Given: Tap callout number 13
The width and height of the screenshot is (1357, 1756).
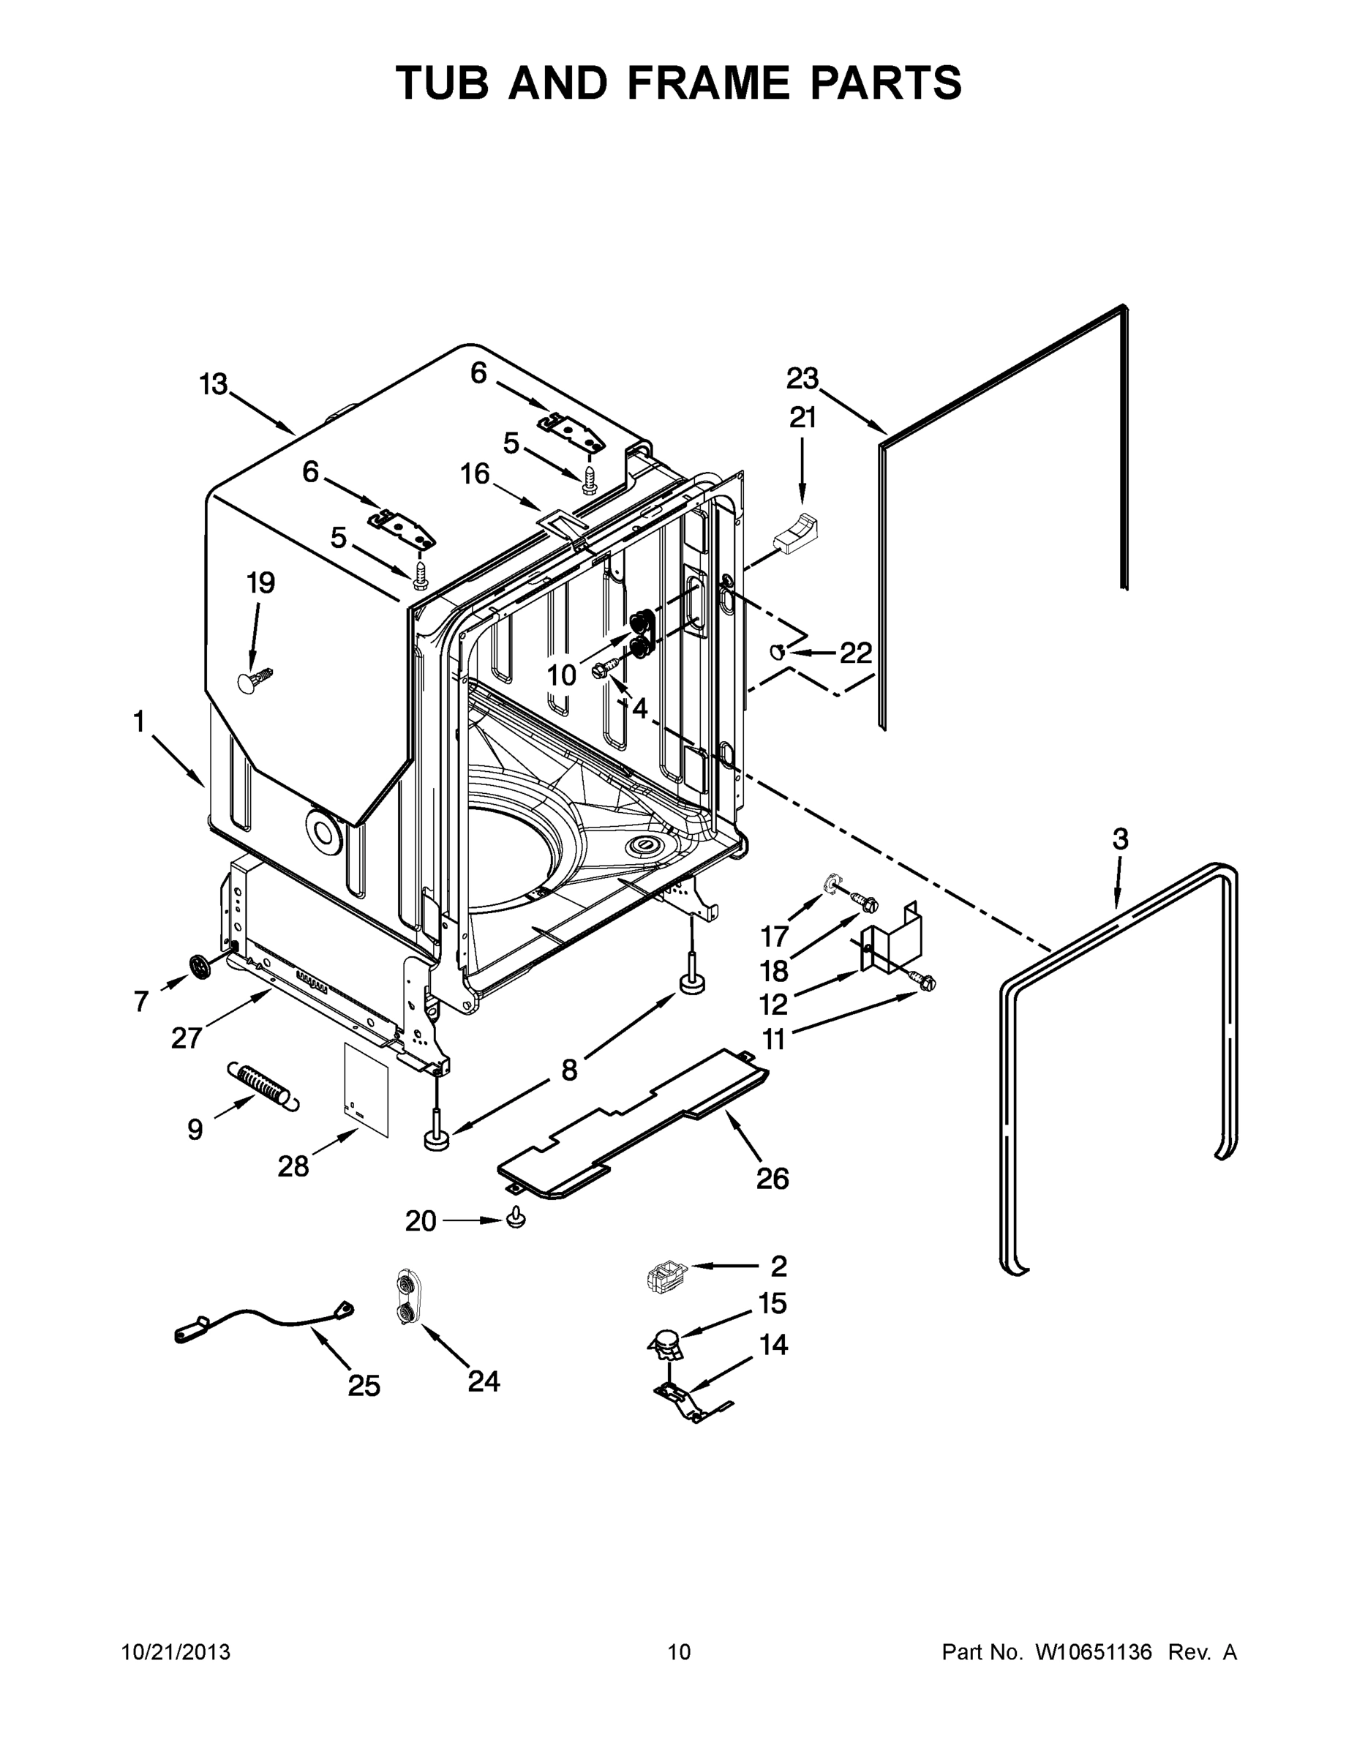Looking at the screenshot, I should point(214,385).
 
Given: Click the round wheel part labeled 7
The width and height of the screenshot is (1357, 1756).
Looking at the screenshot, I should point(200,966).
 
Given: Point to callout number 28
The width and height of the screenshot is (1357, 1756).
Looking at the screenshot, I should point(293,1166).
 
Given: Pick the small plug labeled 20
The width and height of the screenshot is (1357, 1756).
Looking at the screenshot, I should point(516,1219).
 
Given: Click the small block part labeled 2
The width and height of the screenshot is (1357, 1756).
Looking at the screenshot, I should point(664,1276).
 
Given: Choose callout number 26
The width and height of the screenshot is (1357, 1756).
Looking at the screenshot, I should point(773,1179).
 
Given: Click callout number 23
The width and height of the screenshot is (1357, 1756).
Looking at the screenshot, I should point(802,378).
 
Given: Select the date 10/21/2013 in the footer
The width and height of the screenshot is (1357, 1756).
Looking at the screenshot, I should point(176,1651).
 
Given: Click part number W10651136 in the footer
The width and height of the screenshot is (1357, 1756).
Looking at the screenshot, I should point(1094,1651).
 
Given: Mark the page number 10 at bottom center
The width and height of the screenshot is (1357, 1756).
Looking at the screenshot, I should point(680,1651).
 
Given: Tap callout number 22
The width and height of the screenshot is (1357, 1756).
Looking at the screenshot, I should point(855,653).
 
